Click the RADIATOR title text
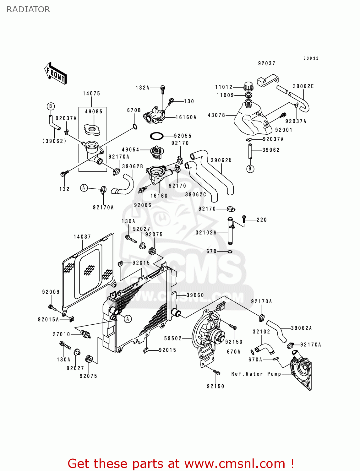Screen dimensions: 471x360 click(x=28, y=9)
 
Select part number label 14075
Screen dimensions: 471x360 click(x=91, y=94)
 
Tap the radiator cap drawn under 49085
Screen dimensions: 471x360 click(x=92, y=129)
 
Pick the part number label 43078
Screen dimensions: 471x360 click(x=216, y=115)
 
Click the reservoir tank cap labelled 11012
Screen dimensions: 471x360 click(x=248, y=86)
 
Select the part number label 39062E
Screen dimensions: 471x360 click(x=303, y=86)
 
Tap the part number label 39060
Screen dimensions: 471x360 click(x=195, y=295)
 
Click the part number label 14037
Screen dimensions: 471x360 click(x=82, y=237)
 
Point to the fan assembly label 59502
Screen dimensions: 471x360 click(x=173, y=338)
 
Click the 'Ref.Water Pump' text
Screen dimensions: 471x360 click(x=256, y=374)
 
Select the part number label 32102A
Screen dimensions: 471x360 click(x=206, y=233)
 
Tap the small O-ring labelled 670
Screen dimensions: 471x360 click(x=230, y=252)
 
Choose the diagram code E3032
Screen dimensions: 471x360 click(x=311, y=58)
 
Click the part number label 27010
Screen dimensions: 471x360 click(x=62, y=334)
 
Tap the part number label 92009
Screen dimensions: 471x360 click(x=51, y=292)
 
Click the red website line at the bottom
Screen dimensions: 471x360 click(x=181, y=463)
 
